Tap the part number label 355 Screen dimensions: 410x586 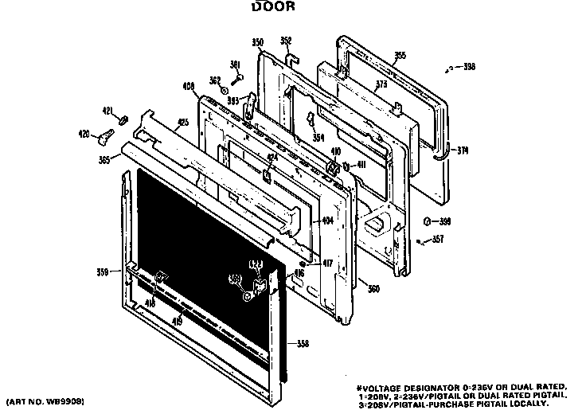[400, 55]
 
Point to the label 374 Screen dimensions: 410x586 [463, 148]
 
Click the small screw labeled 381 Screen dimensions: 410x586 [237, 78]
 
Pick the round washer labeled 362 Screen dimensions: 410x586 [225, 91]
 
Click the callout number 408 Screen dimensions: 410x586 [189, 85]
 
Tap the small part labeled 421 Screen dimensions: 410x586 [123, 120]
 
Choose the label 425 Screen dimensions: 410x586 [183, 123]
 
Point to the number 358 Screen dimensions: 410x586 [303, 343]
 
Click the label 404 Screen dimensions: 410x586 [326, 220]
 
